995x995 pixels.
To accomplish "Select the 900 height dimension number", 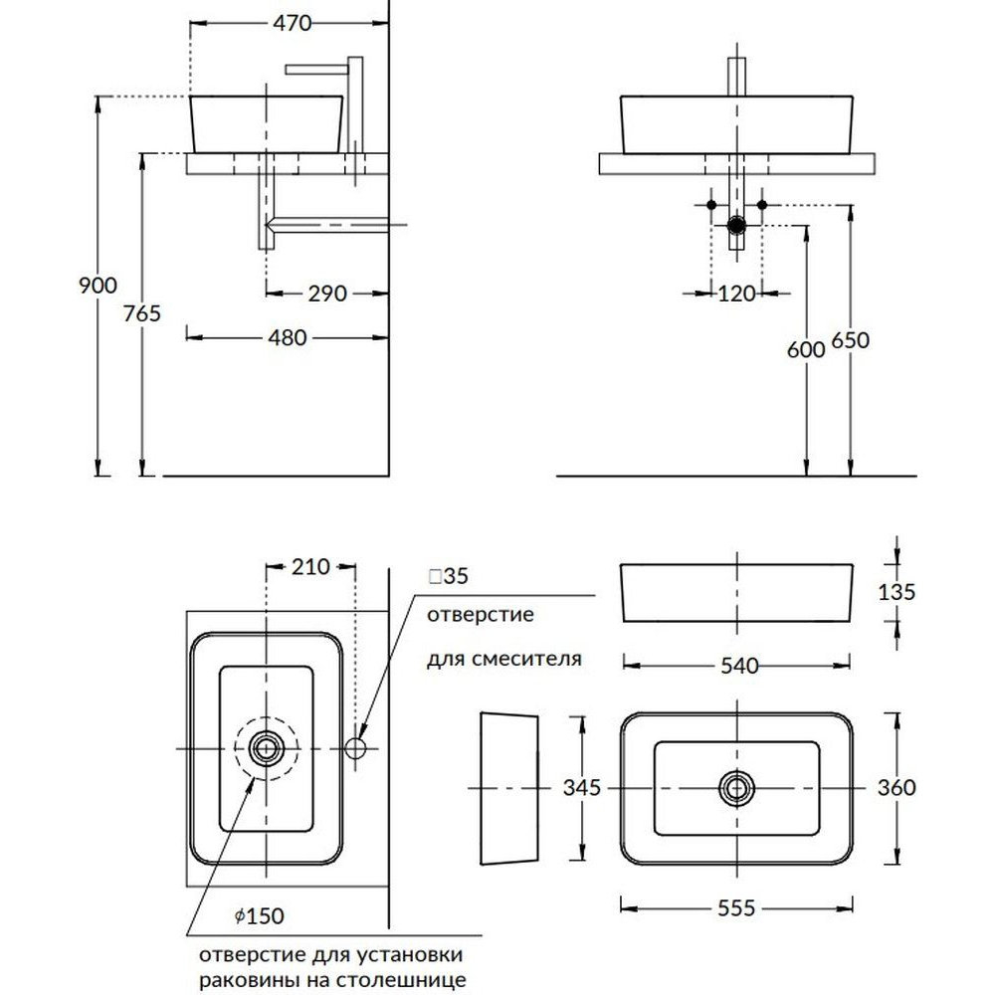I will click(x=98, y=286).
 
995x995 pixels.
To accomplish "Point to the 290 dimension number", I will click(x=327, y=294).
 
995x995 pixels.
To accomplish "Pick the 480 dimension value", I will click(x=288, y=338).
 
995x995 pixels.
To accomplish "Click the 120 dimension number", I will click(x=737, y=294).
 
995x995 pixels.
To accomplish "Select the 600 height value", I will click(x=805, y=349).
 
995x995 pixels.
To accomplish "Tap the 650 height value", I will click(x=850, y=339).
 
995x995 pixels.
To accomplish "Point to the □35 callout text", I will click(x=448, y=576).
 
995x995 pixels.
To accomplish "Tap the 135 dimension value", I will click(x=898, y=591).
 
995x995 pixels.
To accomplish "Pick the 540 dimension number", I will click(x=737, y=665).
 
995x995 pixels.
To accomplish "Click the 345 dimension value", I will click(x=582, y=788).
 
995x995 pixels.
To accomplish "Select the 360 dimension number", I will click(x=897, y=788).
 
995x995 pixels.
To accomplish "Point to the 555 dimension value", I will click(x=737, y=907).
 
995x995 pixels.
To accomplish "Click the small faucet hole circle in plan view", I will click(x=357, y=747).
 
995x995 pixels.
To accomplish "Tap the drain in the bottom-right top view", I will click(x=736, y=788).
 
